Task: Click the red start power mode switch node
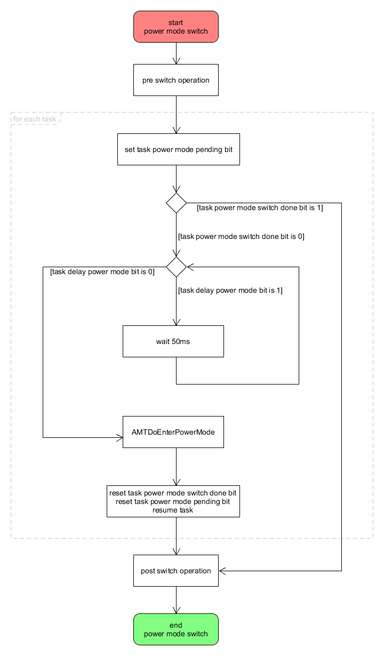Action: [x=176, y=27]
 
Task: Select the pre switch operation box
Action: [x=176, y=80]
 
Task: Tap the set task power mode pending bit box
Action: [x=178, y=149]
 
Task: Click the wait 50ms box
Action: [x=173, y=341]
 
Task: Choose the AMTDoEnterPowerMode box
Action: [x=173, y=432]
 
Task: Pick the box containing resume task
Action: [x=173, y=501]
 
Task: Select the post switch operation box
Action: [x=176, y=571]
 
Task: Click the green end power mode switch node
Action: [x=176, y=629]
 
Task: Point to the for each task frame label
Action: [x=35, y=119]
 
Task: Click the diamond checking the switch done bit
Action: [x=176, y=203]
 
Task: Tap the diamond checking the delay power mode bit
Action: [x=176, y=267]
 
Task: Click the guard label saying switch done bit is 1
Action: [x=260, y=207]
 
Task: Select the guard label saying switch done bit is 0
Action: [x=241, y=236]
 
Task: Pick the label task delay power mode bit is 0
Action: [x=102, y=271]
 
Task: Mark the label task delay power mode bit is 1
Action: [x=230, y=290]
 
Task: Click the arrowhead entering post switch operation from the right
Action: [x=222, y=571]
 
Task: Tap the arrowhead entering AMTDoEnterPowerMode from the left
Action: [x=120, y=438]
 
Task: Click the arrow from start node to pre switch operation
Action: [x=176, y=53]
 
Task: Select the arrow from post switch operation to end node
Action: [x=176, y=600]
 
